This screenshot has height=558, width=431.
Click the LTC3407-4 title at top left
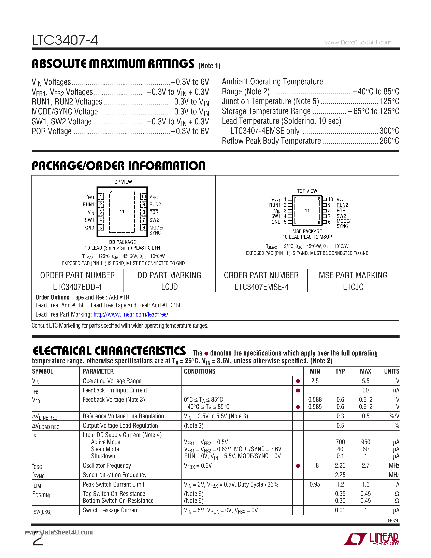point(65,40)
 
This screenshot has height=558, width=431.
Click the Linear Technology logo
point(371,539)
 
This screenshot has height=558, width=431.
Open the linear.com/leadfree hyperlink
point(131,315)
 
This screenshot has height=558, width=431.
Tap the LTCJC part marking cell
point(353,287)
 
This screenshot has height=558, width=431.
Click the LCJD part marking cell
point(169,287)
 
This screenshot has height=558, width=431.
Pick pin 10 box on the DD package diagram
point(143,196)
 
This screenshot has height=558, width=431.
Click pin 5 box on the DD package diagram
point(101,228)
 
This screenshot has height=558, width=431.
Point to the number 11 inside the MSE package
point(307,211)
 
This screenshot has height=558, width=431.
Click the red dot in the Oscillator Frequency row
point(298,466)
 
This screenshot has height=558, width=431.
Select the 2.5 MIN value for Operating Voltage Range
point(315,381)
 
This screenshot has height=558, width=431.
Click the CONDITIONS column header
point(200,372)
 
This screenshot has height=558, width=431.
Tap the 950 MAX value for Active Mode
point(365,442)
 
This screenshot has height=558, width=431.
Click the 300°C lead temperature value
point(389,131)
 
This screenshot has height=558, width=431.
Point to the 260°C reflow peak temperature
point(389,141)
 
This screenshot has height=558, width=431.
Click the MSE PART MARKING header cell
point(353,275)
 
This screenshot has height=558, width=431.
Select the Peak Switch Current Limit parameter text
point(113,484)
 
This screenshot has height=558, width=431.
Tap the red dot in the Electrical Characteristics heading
point(206,354)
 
